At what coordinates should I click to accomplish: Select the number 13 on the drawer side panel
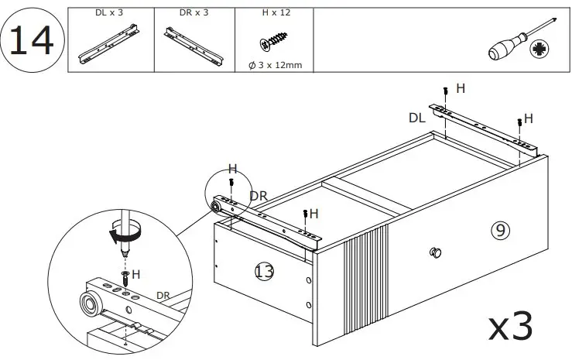coord(264,270)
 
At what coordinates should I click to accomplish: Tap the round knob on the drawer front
coord(435,252)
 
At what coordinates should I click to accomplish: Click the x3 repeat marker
coord(512,327)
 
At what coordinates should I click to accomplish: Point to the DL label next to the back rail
coord(418,118)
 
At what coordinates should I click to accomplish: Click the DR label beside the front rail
coord(258,197)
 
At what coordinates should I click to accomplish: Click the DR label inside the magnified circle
coord(163,295)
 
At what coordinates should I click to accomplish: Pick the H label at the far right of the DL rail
coord(529,118)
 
